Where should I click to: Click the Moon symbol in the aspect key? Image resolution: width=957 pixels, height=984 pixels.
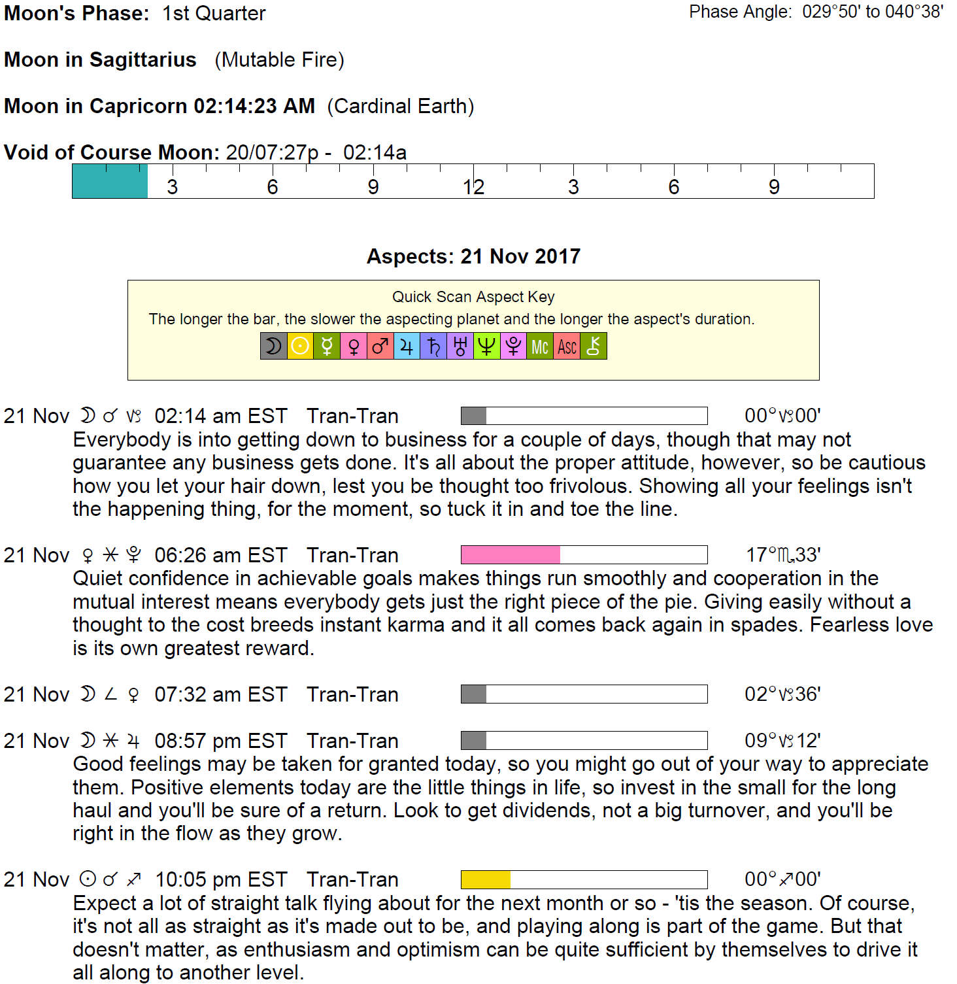click(274, 346)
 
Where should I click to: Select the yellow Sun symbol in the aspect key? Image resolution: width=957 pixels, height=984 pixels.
click(300, 346)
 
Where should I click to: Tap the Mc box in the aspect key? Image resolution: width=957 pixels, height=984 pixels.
click(540, 346)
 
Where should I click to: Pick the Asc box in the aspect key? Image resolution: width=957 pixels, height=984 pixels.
click(567, 346)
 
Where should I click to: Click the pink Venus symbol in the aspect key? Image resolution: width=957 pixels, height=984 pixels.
click(354, 346)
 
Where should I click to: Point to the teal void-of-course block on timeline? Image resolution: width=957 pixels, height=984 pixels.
click(110, 181)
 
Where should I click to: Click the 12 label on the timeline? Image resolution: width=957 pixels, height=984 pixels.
click(473, 188)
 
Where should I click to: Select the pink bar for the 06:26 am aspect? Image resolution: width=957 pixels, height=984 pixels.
click(511, 554)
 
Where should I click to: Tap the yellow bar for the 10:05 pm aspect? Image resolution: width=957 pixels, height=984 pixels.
click(486, 879)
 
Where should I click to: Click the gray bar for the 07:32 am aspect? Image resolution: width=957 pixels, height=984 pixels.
click(473, 694)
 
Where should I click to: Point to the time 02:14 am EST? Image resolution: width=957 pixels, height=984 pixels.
click(221, 416)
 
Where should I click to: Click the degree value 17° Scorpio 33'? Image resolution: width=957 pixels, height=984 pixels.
click(783, 555)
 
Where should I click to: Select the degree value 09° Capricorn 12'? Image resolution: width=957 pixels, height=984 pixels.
click(782, 741)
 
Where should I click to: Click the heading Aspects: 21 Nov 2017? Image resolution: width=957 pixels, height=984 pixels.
click(473, 256)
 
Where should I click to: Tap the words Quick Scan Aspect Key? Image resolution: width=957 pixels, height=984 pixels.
click(473, 297)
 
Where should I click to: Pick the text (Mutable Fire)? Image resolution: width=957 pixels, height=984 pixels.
click(279, 59)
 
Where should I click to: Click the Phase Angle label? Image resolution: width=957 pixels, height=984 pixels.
click(740, 12)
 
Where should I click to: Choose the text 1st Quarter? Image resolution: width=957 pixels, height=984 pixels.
click(214, 13)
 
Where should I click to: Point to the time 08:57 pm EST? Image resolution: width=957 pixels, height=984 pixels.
click(221, 741)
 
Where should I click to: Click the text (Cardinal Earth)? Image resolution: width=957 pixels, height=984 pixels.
click(400, 106)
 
